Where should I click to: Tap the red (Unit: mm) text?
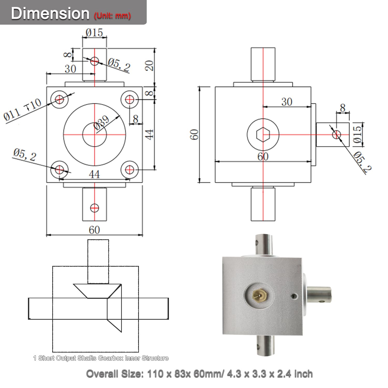112,16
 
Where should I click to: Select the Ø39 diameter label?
102,123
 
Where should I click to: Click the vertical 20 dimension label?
149,66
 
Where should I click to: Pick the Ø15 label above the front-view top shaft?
94,33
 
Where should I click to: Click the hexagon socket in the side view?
263,135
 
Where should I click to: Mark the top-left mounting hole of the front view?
59,99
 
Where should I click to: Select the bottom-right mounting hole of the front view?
130,170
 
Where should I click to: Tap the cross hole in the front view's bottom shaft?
94,208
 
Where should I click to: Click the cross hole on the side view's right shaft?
337,134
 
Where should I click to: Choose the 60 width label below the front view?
94,230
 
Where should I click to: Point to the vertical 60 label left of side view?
195,135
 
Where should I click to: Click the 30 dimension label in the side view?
287,102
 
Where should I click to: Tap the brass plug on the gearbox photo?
259,294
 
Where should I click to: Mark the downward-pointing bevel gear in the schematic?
97,291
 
